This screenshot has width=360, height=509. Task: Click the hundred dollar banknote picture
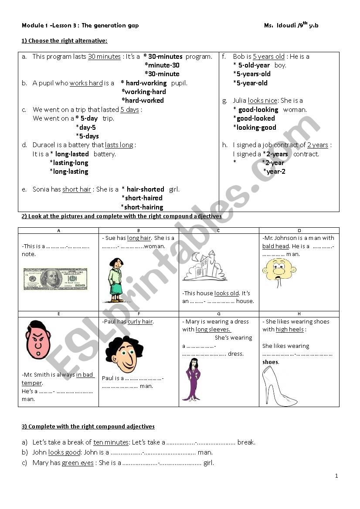[55, 279]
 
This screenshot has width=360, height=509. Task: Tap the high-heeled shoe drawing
[279, 386]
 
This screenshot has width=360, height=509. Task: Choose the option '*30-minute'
[162, 74]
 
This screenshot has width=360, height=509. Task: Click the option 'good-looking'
[258, 110]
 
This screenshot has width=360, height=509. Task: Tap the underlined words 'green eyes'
[78, 463]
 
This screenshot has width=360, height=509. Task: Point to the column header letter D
[299, 230]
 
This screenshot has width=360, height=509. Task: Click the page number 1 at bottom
[336, 476]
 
